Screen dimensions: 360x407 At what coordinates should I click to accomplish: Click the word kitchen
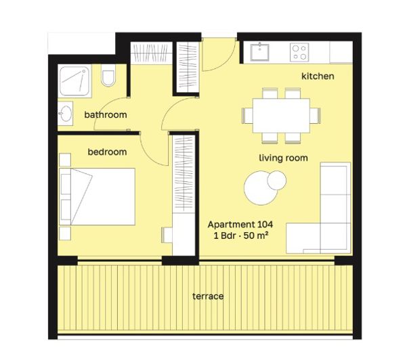[318, 76]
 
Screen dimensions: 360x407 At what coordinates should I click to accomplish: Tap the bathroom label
[105, 115]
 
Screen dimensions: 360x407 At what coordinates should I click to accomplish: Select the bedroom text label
[107, 152]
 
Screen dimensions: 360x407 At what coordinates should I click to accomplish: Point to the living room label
[283, 158]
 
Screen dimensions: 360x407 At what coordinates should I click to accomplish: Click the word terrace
[207, 296]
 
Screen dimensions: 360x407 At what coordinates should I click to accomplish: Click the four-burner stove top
[299, 51]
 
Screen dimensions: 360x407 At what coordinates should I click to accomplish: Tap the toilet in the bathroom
[108, 80]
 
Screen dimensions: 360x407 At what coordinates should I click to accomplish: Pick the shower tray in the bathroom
[77, 83]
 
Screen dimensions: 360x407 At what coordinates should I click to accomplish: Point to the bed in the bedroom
[102, 197]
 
